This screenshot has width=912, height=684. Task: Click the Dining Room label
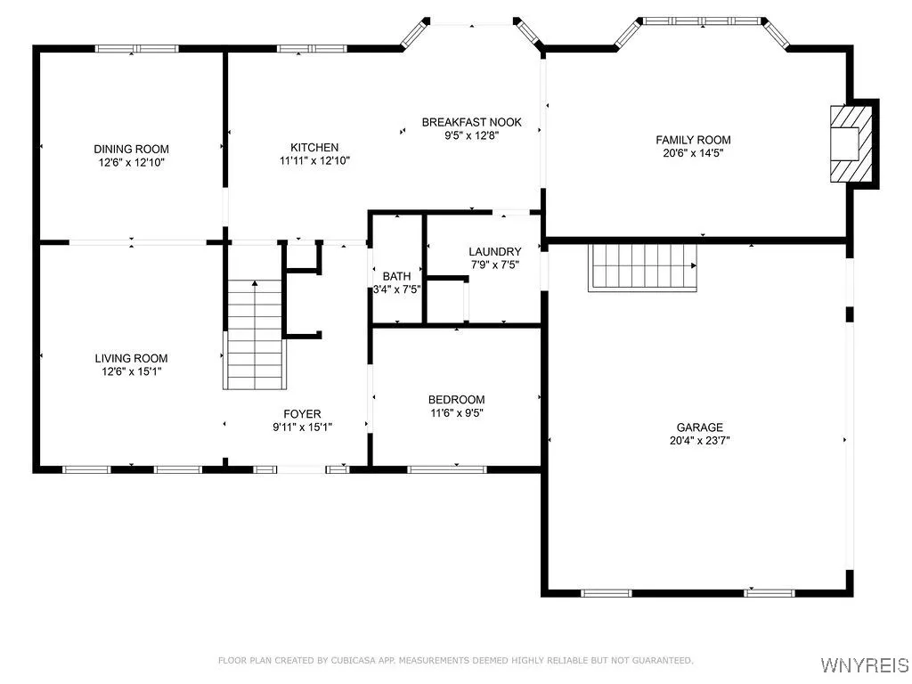(x=131, y=149)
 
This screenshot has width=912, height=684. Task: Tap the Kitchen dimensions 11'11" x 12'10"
(x=313, y=161)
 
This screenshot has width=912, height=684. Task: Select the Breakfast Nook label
(x=471, y=122)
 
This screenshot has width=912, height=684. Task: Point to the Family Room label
(x=693, y=140)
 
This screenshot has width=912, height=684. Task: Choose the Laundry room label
(x=494, y=252)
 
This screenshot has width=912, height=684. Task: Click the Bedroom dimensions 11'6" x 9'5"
(x=456, y=412)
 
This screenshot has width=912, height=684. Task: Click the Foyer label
(x=302, y=413)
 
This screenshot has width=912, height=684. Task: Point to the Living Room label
(x=131, y=358)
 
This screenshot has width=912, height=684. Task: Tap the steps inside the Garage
(x=642, y=266)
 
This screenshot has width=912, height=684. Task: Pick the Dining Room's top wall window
(x=131, y=49)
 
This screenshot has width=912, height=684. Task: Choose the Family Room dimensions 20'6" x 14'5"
(x=693, y=152)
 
